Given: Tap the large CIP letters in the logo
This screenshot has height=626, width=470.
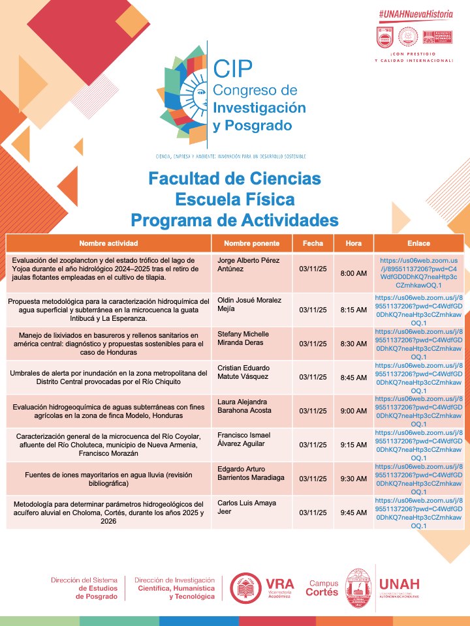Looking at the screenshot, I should pos(232,67).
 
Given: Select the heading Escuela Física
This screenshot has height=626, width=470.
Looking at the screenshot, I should pos(234,198).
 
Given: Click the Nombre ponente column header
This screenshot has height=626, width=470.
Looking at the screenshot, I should pos(251,243).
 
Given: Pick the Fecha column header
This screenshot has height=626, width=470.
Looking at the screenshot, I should pos(313,243).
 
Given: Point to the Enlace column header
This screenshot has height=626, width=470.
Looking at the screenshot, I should pos(418,243).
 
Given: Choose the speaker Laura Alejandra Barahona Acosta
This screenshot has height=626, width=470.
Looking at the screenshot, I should pos(249,407).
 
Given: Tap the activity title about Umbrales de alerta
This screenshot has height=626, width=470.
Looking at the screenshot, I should pos(108,377).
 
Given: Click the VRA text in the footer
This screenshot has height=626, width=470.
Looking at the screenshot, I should pos(279,584).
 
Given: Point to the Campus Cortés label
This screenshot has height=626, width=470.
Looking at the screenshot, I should pos(323,588).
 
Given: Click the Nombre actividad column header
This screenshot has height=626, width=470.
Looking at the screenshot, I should pos(108,243).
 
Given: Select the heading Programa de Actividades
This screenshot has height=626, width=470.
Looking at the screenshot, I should pos(234,220).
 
